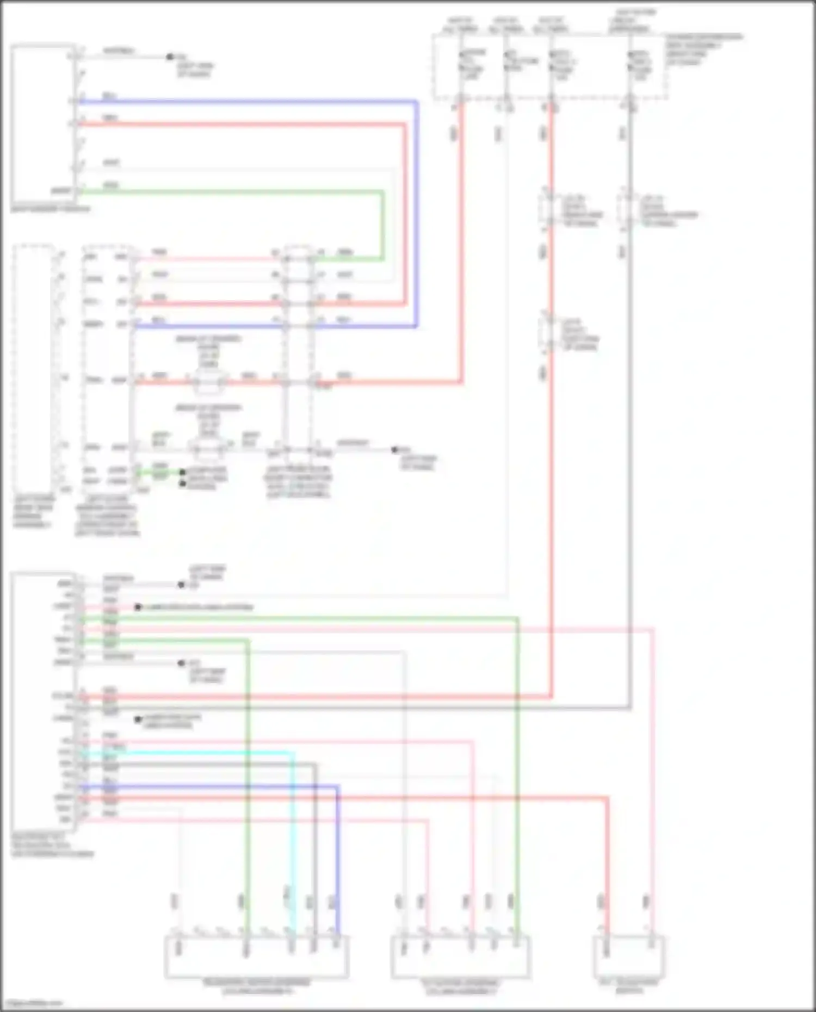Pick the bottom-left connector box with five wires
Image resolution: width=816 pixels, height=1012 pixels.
256,957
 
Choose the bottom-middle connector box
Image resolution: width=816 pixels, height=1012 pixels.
460,957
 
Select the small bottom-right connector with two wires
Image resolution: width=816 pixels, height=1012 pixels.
629,957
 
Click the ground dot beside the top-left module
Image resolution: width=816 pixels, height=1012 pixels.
170,57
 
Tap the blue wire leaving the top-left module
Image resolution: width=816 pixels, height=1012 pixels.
245,102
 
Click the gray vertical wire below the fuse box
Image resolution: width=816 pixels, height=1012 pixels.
630,435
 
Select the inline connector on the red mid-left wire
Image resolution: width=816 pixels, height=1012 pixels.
208,382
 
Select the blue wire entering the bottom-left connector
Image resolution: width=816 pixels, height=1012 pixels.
337,870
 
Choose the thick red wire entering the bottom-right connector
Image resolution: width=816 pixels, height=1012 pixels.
607,870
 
